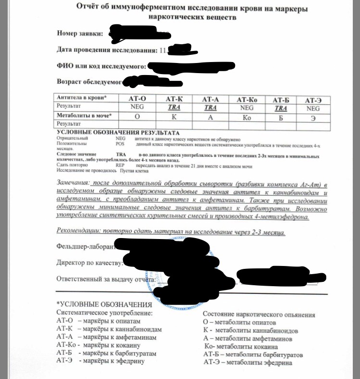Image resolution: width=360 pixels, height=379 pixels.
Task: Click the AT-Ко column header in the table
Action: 247,100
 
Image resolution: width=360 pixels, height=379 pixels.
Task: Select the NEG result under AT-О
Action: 137,108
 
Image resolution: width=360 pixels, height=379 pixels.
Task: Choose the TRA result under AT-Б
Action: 280,108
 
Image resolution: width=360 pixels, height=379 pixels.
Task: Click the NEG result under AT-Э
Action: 313,108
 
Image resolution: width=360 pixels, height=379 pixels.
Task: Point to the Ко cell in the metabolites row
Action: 247,117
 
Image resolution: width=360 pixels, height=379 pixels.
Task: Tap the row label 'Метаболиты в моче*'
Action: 85,116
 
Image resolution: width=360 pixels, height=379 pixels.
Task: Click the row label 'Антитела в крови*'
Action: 82,98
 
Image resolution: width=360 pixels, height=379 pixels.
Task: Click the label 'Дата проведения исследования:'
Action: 106,50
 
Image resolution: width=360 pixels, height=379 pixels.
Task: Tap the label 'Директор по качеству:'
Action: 89,263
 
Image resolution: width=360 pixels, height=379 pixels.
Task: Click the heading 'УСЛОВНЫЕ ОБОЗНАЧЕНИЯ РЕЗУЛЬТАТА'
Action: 118,132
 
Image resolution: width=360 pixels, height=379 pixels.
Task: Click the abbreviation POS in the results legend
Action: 120,143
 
